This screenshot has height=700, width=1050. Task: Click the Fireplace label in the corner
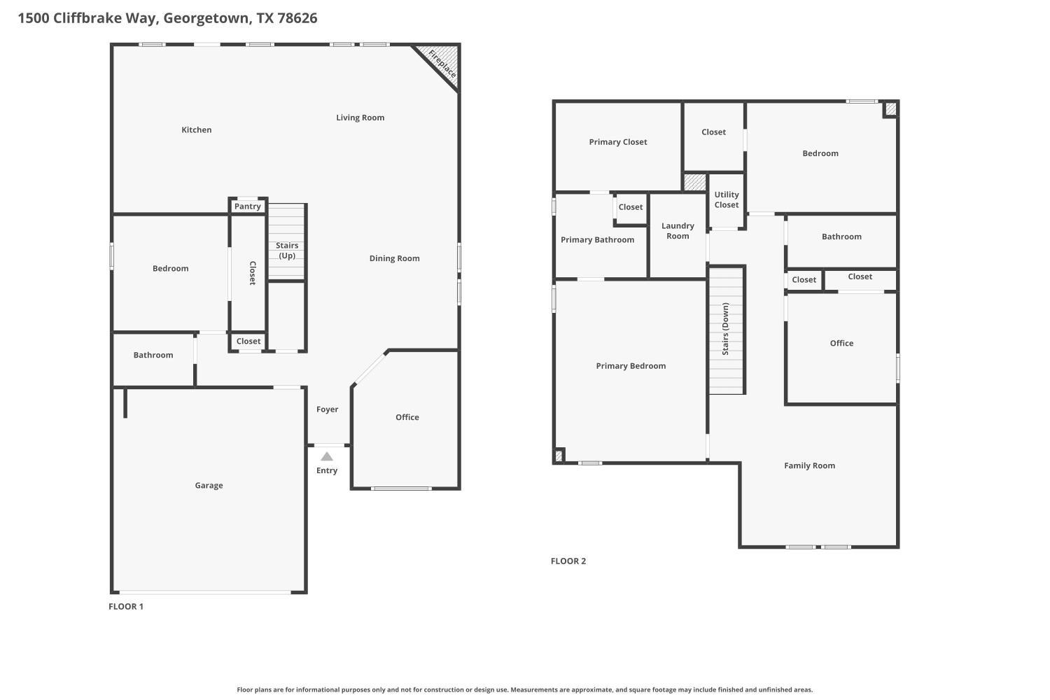(442, 64)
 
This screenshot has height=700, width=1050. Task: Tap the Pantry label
(248, 206)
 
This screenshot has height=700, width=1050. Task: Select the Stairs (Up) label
(287, 250)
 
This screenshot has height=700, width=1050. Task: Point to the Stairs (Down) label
(726, 329)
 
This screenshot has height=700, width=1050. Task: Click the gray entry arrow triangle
(327, 456)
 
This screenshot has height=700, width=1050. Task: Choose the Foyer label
(327, 409)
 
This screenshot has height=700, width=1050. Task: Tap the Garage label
(209, 485)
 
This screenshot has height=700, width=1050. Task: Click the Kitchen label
(196, 129)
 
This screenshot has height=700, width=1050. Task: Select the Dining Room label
(394, 258)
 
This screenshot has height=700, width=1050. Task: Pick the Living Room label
(360, 118)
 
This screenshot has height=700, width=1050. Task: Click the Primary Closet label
(617, 142)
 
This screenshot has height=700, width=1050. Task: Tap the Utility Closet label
(726, 200)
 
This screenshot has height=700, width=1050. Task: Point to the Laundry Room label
(678, 231)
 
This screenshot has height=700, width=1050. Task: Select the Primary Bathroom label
(597, 240)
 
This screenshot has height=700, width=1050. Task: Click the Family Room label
(809, 465)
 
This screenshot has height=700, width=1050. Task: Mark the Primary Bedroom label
(631, 366)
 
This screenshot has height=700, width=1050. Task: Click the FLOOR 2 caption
(568, 561)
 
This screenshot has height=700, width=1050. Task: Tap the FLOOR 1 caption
(126, 606)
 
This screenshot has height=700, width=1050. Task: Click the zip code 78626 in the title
(297, 18)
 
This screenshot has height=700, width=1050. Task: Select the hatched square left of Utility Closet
(695, 182)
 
